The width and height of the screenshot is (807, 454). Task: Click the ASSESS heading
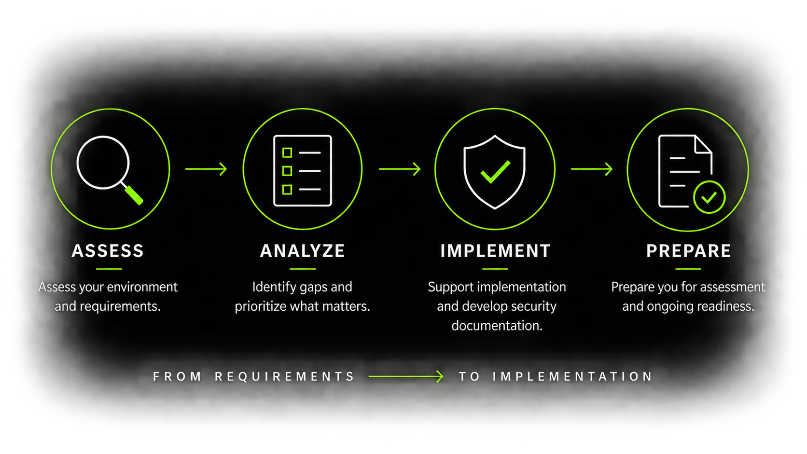(x=108, y=250)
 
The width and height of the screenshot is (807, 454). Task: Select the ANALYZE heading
(x=302, y=250)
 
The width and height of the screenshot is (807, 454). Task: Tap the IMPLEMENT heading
(x=495, y=250)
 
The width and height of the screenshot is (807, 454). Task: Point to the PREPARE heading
(x=688, y=250)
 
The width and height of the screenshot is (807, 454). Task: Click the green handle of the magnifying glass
(x=134, y=195)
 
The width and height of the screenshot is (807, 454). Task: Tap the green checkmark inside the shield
(x=495, y=172)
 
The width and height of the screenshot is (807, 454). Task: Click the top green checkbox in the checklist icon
(x=287, y=152)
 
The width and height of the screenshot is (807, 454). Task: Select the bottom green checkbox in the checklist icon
(x=287, y=190)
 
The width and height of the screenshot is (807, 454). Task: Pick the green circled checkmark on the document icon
(x=710, y=197)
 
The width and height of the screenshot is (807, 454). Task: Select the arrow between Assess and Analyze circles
(x=206, y=169)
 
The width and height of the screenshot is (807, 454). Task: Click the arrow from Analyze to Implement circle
(x=400, y=169)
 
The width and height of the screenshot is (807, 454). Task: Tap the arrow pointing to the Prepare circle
(x=592, y=169)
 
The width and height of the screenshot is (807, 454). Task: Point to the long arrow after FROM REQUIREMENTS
(x=406, y=377)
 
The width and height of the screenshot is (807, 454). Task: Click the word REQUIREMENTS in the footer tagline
(x=285, y=377)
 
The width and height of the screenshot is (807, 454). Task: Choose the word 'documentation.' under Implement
(x=497, y=326)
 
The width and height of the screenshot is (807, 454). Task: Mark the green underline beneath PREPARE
(x=688, y=269)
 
